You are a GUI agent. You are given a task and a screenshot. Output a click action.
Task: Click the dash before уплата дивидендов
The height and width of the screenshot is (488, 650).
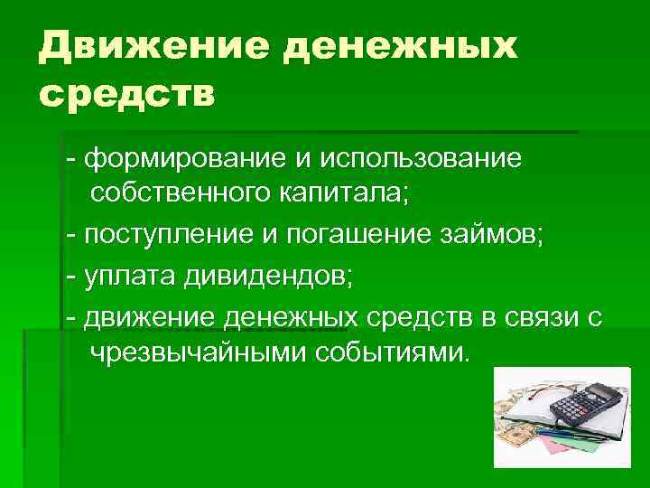(70, 277)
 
